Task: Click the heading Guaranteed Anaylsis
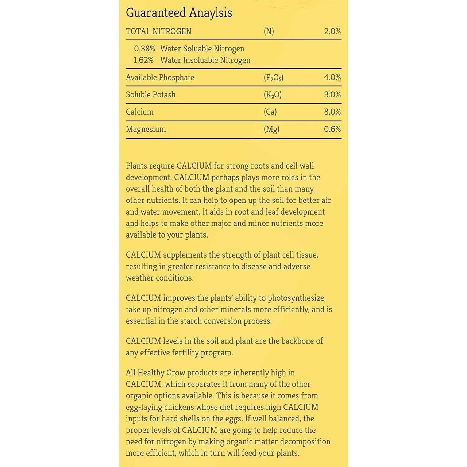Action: click(179, 13)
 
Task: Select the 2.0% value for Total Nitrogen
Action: click(332, 31)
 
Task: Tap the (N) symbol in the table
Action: click(269, 31)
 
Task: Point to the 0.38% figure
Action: click(144, 49)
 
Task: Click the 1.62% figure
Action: click(144, 60)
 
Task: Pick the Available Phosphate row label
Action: click(160, 77)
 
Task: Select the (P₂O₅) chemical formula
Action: click(274, 77)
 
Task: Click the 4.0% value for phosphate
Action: click(332, 77)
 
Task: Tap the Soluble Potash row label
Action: click(151, 94)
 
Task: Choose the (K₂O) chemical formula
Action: click(273, 94)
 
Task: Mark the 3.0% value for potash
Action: click(332, 94)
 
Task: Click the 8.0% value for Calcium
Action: click(332, 112)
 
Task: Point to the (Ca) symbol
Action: click(270, 112)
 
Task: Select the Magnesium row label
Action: click(146, 129)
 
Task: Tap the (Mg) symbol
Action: click(271, 129)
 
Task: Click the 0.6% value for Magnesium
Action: click(332, 129)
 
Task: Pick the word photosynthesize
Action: click(297, 298)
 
